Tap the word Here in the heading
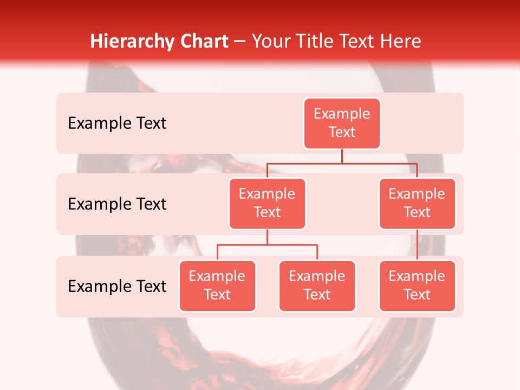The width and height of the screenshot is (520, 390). [x=399, y=41]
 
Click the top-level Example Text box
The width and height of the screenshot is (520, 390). [x=342, y=123]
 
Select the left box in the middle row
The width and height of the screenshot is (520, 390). [x=267, y=204]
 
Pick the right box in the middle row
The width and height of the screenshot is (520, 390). [x=417, y=204]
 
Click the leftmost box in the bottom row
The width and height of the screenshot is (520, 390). [x=217, y=286]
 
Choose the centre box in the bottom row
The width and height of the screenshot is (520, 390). [x=317, y=286]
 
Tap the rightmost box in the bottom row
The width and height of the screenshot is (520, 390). [x=417, y=286]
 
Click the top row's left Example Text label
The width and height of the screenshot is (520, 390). [x=117, y=123]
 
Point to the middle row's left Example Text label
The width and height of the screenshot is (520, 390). [x=117, y=204]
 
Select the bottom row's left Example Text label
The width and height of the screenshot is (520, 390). [x=117, y=286]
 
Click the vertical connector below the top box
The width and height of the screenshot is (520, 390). [x=342, y=156]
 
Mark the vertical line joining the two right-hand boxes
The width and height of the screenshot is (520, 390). [x=417, y=245]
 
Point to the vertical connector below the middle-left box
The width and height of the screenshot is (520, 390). [x=267, y=237]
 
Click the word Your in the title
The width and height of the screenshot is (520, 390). [x=270, y=42]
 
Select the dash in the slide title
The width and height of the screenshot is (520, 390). [x=240, y=42]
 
